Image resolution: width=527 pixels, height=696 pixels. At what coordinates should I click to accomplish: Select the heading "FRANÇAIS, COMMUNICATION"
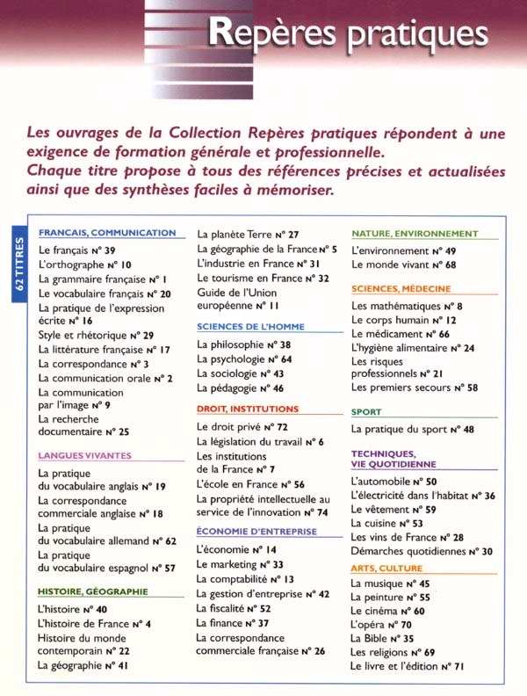coord(107,233)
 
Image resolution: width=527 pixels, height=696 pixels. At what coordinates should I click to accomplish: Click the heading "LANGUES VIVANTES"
coord(84,456)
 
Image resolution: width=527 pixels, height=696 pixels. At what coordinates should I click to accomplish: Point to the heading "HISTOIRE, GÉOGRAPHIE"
coord(92,591)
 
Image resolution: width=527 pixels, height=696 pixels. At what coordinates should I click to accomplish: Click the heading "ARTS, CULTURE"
coord(386,569)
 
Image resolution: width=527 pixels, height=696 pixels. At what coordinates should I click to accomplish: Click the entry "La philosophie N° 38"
coord(243,345)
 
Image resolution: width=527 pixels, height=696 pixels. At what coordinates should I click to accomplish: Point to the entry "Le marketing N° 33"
coord(240,564)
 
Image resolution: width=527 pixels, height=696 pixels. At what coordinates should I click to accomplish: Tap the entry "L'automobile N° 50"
coord(393,482)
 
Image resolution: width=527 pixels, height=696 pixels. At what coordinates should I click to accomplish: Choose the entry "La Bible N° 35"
coord(381,638)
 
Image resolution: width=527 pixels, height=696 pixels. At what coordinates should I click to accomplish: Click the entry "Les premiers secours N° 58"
coord(414,387)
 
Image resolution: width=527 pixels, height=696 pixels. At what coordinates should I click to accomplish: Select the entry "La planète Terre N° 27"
coord(248,235)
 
